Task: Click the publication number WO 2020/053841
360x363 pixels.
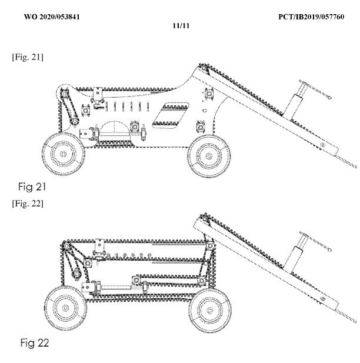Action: [x=52, y=17]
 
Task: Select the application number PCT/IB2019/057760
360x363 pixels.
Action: [x=311, y=17]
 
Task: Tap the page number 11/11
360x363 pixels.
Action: [x=181, y=26]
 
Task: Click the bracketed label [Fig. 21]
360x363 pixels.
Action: [x=28, y=57]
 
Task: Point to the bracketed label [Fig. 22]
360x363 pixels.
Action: [x=28, y=204]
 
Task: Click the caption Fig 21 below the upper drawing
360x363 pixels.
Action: [x=32, y=187]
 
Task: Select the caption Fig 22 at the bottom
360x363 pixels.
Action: [x=35, y=342]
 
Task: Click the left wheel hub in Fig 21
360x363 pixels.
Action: [x=63, y=154]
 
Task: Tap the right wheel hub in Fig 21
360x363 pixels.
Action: [x=209, y=156]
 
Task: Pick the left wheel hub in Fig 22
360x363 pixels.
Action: [x=65, y=308]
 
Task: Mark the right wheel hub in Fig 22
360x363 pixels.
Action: [x=209, y=311]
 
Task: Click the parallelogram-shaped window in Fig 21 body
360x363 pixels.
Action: [x=171, y=115]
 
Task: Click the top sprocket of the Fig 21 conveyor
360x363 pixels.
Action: [x=204, y=68]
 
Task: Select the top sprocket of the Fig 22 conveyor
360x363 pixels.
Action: [x=205, y=218]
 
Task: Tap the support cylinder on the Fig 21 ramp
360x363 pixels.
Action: [x=294, y=99]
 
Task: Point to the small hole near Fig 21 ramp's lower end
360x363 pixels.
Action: [x=322, y=145]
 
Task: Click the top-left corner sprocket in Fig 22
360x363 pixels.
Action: [x=66, y=246]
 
